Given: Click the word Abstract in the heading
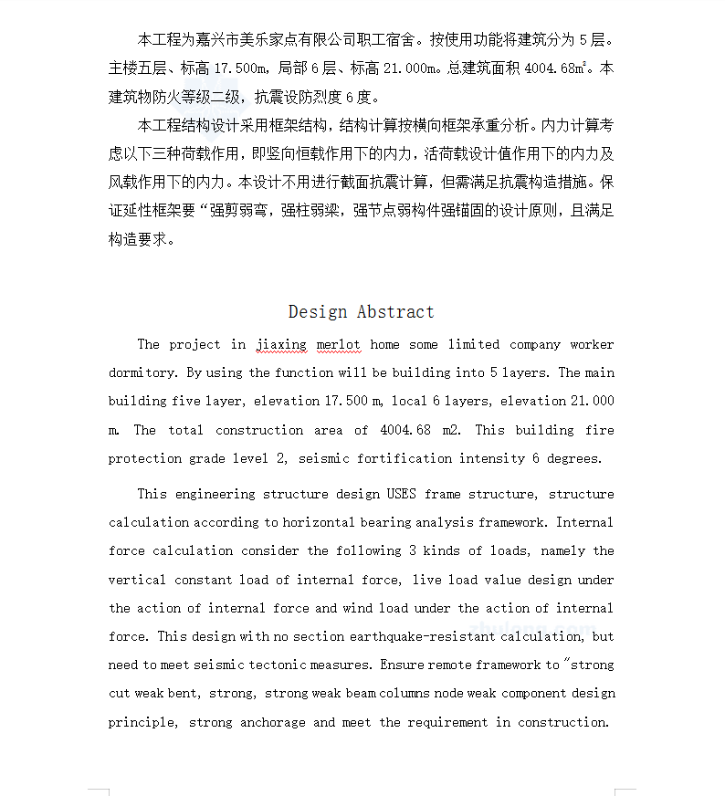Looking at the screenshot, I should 395,312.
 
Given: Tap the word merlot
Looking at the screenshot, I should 338,345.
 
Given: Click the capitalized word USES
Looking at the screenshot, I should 401,495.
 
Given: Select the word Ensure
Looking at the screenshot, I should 401,665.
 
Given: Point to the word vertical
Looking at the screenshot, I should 137,581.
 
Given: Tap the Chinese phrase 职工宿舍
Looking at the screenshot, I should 386,40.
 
